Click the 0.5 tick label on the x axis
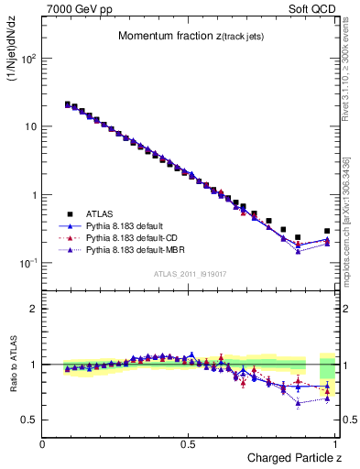190,444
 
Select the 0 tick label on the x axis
43,444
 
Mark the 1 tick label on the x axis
336,444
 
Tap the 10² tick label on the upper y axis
27,59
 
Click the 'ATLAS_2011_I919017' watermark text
189,273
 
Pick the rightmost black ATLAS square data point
327,232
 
